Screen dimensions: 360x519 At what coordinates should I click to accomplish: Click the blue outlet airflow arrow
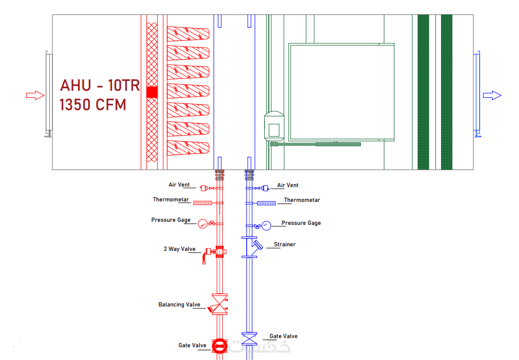pos(492,95)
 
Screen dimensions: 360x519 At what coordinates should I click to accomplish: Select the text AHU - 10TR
pos(100,85)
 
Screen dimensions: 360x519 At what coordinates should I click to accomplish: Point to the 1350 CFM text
pos(93,105)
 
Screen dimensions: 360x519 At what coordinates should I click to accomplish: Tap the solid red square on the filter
pos(152,92)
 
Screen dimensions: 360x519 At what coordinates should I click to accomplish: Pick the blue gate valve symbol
pos(249,339)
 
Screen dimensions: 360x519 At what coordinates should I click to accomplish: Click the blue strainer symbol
pos(254,247)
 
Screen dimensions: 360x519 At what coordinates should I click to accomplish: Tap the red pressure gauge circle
pos(202,223)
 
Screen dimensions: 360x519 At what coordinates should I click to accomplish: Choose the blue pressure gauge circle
pos(267,225)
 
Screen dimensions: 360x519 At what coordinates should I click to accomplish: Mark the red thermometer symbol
pos(203,203)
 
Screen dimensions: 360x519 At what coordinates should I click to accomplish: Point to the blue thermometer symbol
pos(266,203)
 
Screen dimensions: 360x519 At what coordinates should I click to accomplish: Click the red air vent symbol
pos(205,188)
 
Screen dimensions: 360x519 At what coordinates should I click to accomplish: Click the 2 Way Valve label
pos(179,249)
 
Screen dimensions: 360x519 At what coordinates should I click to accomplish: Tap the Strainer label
pos(284,244)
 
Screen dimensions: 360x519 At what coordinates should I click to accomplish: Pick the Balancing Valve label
pos(179,304)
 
